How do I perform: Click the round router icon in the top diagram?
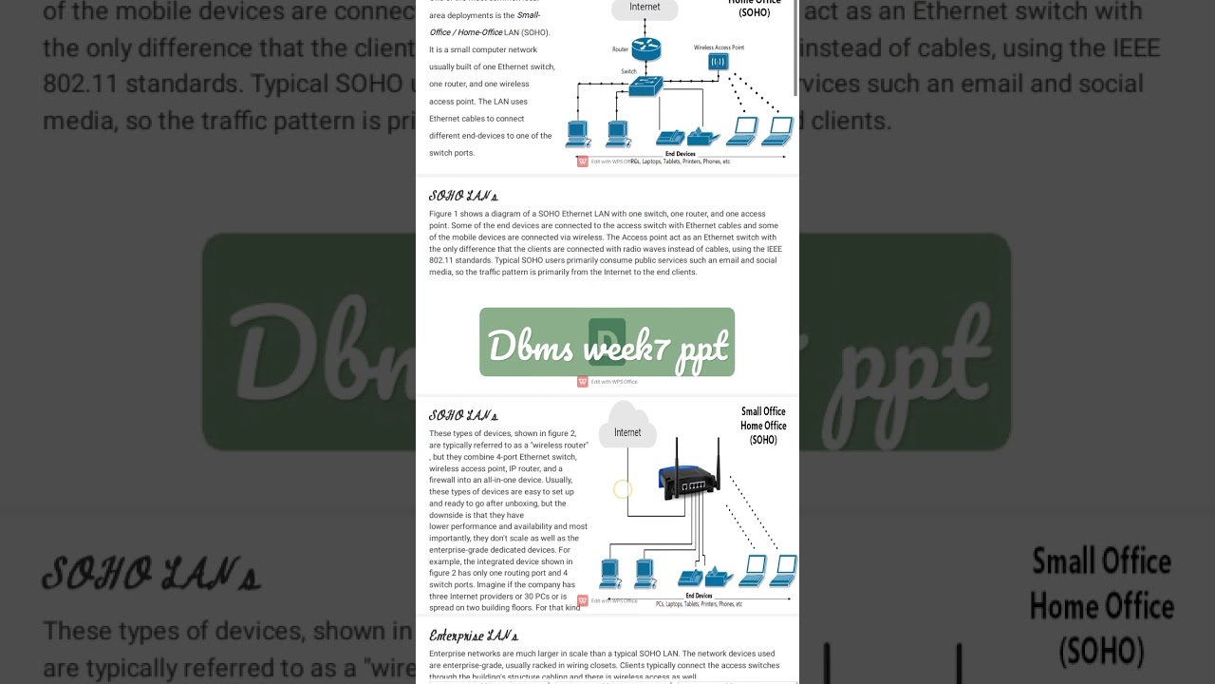(x=645, y=49)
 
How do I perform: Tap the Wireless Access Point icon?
(x=718, y=63)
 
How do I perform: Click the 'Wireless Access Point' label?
(x=718, y=47)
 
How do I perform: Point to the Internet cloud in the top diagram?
(x=645, y=9)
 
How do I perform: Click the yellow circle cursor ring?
(x=623, y=489)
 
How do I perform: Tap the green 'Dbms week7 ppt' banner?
(x=607, y=342)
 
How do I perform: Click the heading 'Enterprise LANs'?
(x=474, y=636)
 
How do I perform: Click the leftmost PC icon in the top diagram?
(x=577, y=134)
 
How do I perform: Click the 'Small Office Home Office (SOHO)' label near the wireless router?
(x=763, y=426)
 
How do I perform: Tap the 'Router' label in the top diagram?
(x=621, y=48)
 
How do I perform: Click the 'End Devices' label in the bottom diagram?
(x=699, y=596)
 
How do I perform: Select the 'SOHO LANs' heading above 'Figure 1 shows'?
(x=463, y=197)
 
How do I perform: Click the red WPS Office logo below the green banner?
(x=583, y=382)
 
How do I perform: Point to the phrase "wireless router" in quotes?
(x=559, y=445)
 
